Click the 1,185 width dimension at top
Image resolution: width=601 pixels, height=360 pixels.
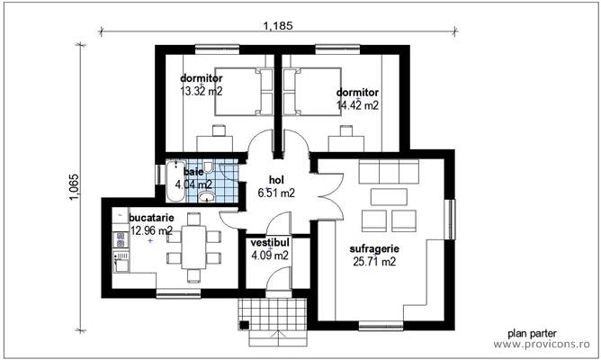(x=277, y=25)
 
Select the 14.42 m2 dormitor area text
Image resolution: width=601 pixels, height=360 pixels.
(x=357, y=104)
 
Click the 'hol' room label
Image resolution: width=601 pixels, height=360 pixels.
(x=275, y=180)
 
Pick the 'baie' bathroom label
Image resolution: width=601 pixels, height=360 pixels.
(x=193, y=171)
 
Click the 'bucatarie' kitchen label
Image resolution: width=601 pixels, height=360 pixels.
(x=151, y=218)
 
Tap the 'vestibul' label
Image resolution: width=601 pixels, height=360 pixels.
(x=269, y=243)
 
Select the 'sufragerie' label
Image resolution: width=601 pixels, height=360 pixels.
(x=374, y=248)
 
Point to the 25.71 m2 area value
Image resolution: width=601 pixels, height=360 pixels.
(x=374, y=262)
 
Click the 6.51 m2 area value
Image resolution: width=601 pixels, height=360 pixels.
(x=275, y=193)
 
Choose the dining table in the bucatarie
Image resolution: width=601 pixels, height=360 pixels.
(x=193, y=247)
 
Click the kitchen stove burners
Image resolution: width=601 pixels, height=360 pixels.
(x=119, y=240)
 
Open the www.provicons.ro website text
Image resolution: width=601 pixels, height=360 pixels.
(x=543, y=344)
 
